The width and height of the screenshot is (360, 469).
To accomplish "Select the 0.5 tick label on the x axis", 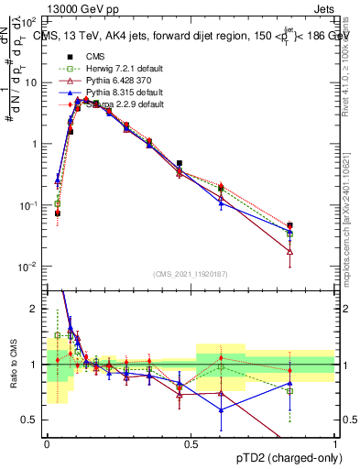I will coord(191,443).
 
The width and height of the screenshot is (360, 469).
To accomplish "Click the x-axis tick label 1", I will coord(334,443).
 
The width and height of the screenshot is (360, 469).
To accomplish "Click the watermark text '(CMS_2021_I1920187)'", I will coord(191,273).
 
